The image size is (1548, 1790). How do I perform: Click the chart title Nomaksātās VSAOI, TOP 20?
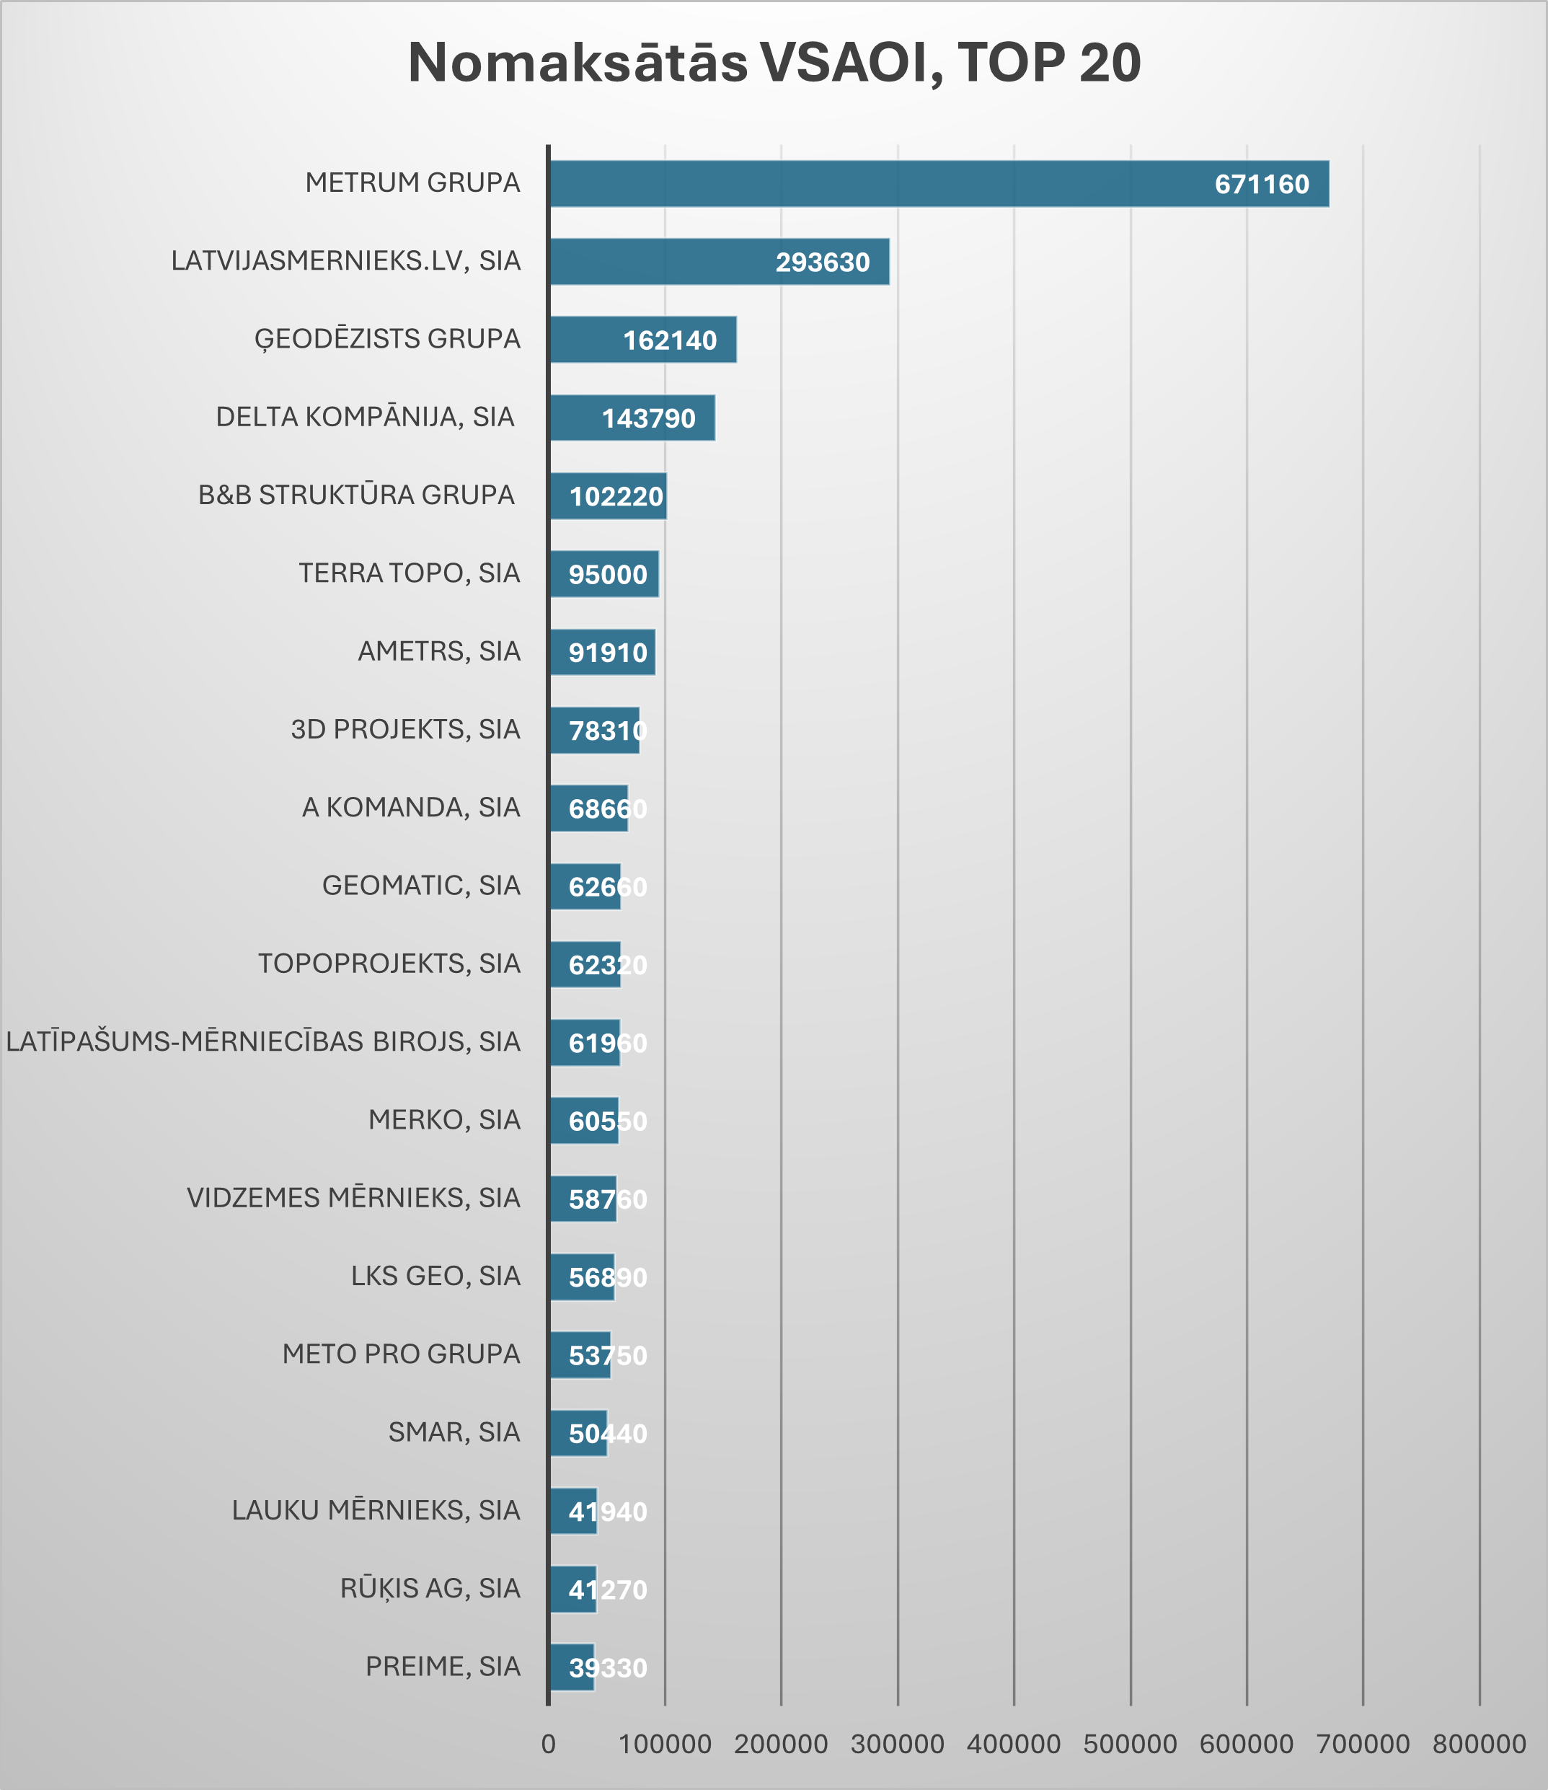[x=774, y=63]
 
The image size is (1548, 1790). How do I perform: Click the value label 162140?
[x=670, y=340]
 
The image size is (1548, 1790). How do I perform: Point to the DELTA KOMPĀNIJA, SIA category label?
[x=365, y=418]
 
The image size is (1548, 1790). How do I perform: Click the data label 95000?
[x=607, y=575]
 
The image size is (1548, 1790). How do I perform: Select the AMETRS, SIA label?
[x=439, y=651]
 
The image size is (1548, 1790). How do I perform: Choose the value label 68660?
[x=607, y=808]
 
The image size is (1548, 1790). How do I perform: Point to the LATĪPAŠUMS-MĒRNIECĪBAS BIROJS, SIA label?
[x=263, y=1042]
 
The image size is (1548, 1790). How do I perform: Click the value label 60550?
[x=607, y=1121]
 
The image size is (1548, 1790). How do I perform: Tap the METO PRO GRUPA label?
[x=401, y=1354]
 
